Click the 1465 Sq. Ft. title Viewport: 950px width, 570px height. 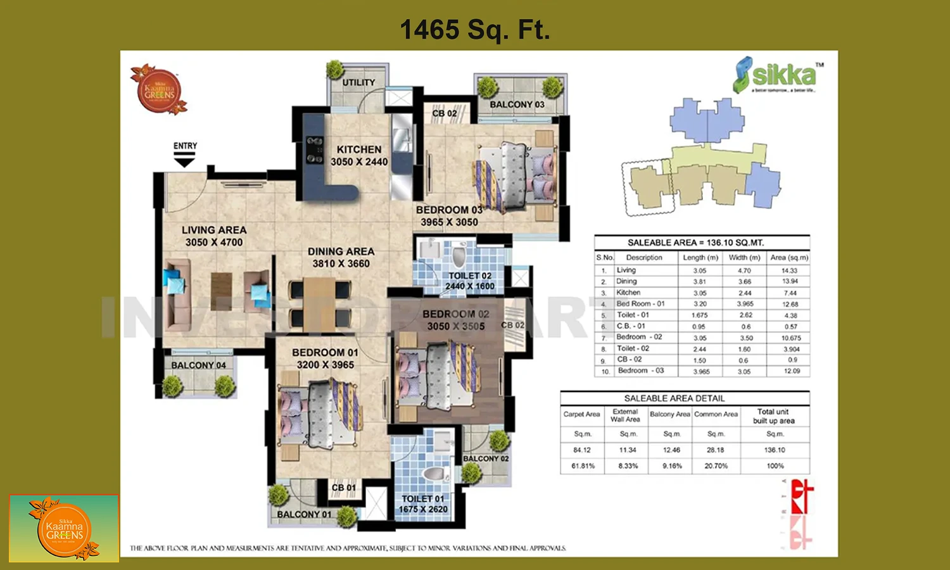coord(474,30)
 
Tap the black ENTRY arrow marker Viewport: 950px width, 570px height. coord(184,162)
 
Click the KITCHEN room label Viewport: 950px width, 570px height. coord(359,149)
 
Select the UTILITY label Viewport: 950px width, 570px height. coord(358,82)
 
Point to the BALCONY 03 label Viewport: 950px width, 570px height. coord(517,104)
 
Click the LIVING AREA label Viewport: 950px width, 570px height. coord(214,230)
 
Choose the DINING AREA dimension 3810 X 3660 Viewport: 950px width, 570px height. coord(341,263)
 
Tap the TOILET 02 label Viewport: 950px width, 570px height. coord(470,275)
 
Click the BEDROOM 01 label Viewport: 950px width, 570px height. coord(325,352)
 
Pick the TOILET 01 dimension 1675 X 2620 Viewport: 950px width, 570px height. coord(423,509)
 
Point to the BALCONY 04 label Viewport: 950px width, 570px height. coord(198,365)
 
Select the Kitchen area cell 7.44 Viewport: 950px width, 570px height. coord(790,293)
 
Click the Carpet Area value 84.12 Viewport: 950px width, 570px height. coord(582,450)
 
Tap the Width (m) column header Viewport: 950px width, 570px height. coord(744,258)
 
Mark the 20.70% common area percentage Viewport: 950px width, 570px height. coord(716,466)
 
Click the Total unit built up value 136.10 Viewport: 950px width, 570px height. coord(775,450)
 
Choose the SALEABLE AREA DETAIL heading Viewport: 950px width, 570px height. coord(674,398)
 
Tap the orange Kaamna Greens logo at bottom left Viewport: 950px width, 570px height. coord(64,529)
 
